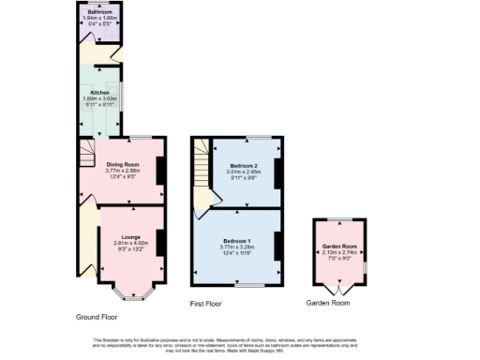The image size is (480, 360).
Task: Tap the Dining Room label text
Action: (x=122, y=164)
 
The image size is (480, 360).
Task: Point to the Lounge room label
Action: (x=132, y=234)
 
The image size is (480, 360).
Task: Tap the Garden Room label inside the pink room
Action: (x=339, y=246)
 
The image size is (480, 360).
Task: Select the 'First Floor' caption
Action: (x=211, y=304)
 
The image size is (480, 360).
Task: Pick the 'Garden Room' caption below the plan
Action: (x=329, y=304)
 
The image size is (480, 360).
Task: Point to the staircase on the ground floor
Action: (x=86, y=152)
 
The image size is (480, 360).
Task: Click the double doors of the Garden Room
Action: (x=339, y=289)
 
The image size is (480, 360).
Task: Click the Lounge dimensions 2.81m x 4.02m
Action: (x=132, y=242)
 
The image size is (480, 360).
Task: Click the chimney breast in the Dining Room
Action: (x=162, y=170)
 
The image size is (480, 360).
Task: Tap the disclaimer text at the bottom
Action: (x=240, y=343)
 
